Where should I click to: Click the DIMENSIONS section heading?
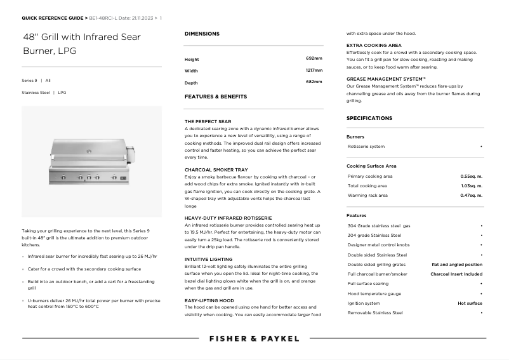(x=202, y=34)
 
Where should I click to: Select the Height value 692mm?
(x=314, y=58)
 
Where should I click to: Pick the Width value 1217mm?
(x=314, y=70)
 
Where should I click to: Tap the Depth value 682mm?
(x=314, y=83)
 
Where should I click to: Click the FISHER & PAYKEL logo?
(x=254, y=338)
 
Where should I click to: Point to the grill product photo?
(x=91, y=161)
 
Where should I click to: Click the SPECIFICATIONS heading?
(x=369, y=118)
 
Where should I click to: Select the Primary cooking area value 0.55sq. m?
(x=471, y=176)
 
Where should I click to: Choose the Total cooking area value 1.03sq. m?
(x=471, y=186)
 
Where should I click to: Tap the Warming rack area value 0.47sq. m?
(x=471, y=196)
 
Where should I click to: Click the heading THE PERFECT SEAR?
(x=208, y=121)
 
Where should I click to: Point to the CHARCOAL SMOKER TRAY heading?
(x=216, y=170)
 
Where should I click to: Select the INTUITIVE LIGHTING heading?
(x=208, y=259)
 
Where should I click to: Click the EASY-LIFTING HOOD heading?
(x=209, y=300)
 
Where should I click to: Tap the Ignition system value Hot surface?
(x=470, y=303)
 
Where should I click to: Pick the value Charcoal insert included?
(x=456, y=274)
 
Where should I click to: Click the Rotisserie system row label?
(x=366, y=147)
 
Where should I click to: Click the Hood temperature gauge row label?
(x=374, y=294)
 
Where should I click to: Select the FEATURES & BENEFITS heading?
(x=216, y=97)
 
